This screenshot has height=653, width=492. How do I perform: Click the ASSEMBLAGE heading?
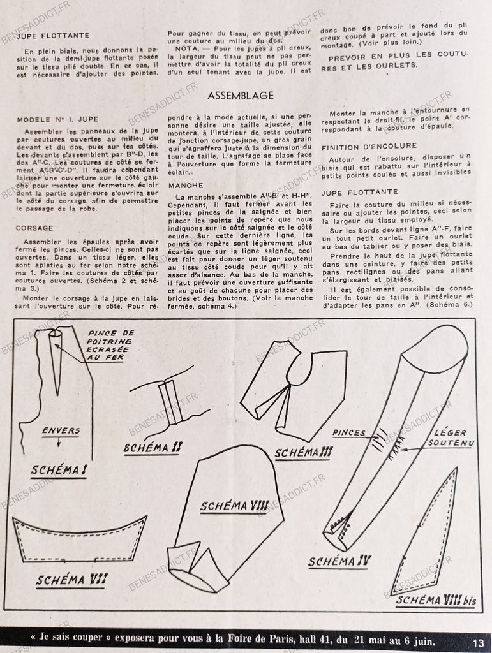(x=241, y=96)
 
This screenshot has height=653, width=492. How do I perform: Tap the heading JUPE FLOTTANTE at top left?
(x=52, y=36)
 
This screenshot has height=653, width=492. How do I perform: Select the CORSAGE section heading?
(x=34, y=228)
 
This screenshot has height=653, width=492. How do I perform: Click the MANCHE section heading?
(x=186, y=186)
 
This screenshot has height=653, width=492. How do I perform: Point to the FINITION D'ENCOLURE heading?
(x=369, y=147)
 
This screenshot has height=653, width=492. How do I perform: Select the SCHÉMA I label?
(x=58, y=471)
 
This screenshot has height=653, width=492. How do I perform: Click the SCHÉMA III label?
(x=304, y=453)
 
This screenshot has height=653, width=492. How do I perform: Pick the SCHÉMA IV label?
(x=339, y=562)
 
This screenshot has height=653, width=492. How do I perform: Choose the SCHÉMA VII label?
(x=71, y=580)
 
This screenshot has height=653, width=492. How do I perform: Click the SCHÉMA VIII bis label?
(x=435, y=600)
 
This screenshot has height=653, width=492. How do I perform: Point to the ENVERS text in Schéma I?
(x=61, y=430)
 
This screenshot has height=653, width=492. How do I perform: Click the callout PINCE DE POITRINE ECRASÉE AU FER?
(x=111, y=345)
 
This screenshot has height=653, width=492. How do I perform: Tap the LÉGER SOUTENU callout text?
(x=451, y=437)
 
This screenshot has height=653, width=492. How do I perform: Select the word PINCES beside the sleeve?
(x=349, y=433)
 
